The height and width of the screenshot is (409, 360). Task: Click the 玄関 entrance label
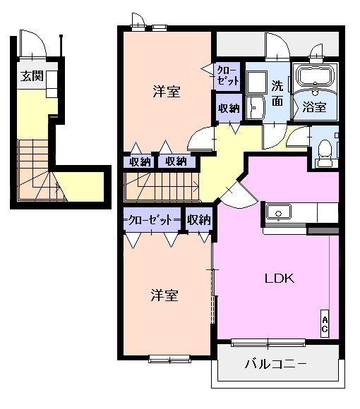click(32, 75)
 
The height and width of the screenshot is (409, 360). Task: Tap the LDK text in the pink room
click(279, 277)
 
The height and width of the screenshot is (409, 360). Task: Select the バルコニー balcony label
click(275, 365)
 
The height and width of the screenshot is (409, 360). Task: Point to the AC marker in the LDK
click(325, 324)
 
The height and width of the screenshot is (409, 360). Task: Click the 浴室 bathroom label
click(314, 107)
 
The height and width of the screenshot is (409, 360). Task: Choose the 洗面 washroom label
click(277, 94)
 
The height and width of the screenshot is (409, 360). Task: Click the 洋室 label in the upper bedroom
click(167, 91)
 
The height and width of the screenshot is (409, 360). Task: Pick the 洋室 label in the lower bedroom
click(163, 295)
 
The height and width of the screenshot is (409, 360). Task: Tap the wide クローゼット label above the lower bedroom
click(152, 220)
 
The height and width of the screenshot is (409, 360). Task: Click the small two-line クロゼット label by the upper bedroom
click(227, 75)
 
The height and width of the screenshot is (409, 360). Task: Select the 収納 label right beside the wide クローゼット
click(199, 220)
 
